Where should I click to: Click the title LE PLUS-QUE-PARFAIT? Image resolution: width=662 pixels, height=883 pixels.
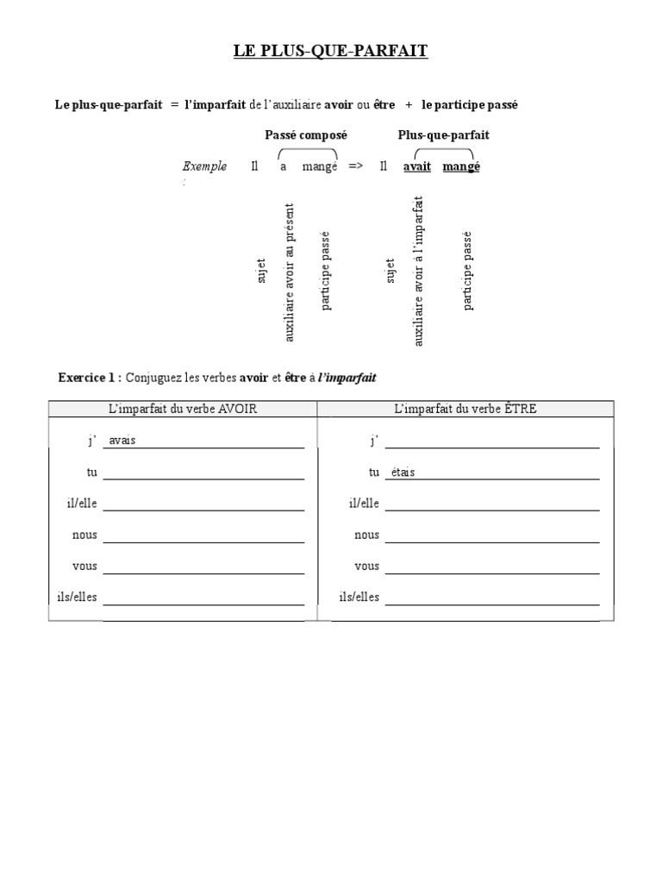pyautogui.click(x=330, y=52)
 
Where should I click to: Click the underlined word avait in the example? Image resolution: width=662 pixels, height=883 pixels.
pyautogui.click(x=417, y=166)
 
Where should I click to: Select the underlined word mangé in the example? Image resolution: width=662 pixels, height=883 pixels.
pyautogui.click(x=461, y=166)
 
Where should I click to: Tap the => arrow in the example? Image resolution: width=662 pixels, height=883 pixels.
pyautogui.click(x=355, y=166)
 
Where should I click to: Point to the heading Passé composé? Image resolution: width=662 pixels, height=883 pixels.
pyautogui.click(x=305, y=135)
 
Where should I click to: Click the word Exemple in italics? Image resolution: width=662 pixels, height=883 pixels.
pyautogui.click(x=205, y=166)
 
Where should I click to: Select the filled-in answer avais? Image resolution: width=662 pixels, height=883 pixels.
pyautogui.click(x=122, y=441)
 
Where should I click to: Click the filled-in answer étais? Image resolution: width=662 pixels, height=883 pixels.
pyautogui.click(x=403, y=473)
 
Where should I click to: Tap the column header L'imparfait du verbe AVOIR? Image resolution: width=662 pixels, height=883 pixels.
pyautogui.click(x=183, y=409)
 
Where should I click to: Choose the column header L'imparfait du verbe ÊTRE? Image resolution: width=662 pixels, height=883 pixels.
pyautogui.click(x=465, y=409)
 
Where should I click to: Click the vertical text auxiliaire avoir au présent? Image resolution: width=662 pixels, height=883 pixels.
pyautogui.click(x=290, y=272)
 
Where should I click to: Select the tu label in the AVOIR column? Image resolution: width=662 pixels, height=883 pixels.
pyautogui.click(x=91, y=473)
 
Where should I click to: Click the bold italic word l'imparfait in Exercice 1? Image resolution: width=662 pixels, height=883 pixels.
pyautogui.click(x=347, y=378)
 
